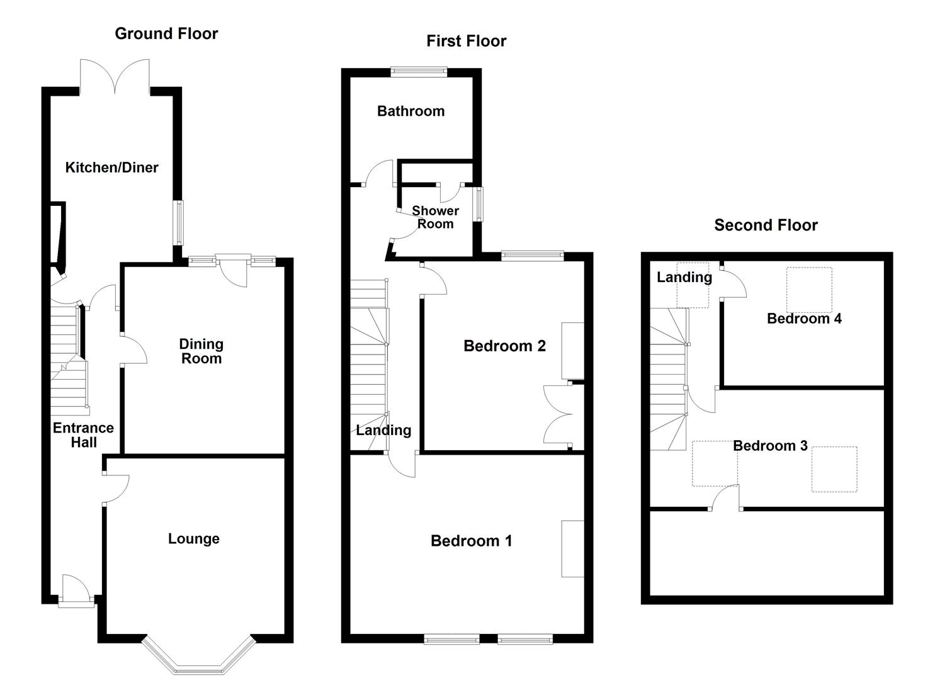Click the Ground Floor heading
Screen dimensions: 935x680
166,34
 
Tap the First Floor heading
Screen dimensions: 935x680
467,42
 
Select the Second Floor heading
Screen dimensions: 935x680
766,225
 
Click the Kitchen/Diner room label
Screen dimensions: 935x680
112,168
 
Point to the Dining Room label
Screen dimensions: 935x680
201,351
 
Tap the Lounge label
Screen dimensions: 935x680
194,539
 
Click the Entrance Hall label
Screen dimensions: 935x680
84,435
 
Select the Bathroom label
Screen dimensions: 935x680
411,111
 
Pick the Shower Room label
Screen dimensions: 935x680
435,217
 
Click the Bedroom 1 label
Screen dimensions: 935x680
471,541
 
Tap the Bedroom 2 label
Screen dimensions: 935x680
505,346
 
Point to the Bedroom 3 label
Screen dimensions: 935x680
771,446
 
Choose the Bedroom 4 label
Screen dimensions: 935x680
804,319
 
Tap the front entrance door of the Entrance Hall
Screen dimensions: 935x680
76,590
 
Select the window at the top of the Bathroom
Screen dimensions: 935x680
419,72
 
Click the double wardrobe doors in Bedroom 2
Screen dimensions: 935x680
557,414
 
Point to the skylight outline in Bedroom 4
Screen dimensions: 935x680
809,290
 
